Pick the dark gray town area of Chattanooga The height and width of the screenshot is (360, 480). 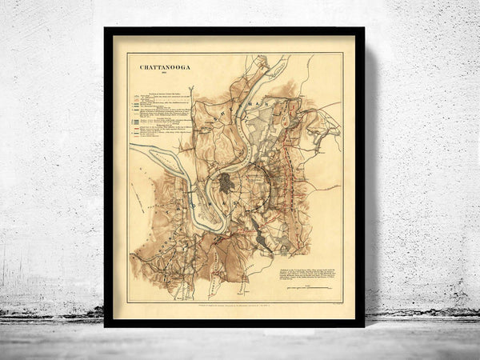point(226,183)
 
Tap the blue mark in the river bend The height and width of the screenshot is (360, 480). point(192,198)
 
